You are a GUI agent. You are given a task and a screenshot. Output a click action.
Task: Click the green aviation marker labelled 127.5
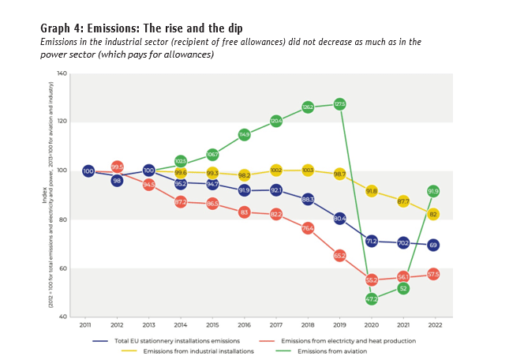pos(340,104)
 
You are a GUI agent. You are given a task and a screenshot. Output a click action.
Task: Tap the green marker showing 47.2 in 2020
pos(372,299)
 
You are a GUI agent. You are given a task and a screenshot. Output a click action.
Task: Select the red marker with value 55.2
pos(372,279)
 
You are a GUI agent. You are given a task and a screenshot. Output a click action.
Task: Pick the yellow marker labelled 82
pos(433,215)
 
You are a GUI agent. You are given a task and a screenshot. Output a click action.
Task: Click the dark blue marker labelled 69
pos(433,246)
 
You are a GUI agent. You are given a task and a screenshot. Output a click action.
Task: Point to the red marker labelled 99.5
pos(118,167)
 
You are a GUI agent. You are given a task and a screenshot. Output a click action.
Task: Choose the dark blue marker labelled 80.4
pos(340,218)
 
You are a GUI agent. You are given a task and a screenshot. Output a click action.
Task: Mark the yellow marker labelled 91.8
pos(372,190)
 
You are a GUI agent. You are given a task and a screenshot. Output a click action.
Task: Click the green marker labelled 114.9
pos(245,135)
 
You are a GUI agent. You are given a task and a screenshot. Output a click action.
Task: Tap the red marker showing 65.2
pos(340,255)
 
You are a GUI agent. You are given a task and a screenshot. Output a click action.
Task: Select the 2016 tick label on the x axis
pos(245,324)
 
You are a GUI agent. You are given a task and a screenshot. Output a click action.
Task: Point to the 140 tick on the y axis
pos(62,73)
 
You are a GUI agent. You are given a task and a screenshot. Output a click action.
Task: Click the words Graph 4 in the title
pos(66,29)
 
